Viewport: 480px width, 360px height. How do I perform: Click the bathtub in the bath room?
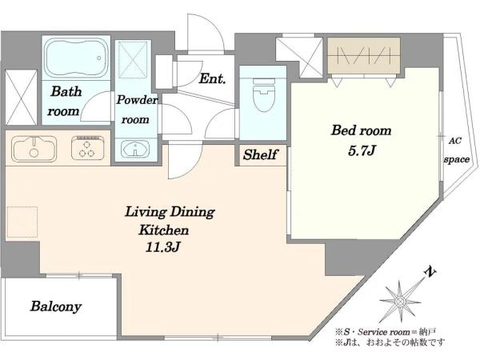[76, 58]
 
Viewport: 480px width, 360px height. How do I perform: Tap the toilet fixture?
[263, 94]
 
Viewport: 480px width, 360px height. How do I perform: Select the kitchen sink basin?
[34, 149]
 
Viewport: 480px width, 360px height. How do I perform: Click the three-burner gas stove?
[87, 148]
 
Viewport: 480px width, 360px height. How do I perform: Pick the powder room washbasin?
[135, 149]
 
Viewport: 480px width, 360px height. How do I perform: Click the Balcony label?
[56, 306]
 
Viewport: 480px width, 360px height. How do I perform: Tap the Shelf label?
[261, 154]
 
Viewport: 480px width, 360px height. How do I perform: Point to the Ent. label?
[212, 79]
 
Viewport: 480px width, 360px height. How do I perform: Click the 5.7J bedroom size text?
[362, 150]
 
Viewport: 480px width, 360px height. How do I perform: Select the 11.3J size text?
[162, 247]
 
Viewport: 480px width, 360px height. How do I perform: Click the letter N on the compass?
[430, 272]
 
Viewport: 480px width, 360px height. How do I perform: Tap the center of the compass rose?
[399, 302]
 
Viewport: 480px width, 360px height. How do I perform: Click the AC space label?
[457, 150]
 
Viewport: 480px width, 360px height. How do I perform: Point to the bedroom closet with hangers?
[364, 55]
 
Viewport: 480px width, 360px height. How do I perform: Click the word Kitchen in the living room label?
[164, 230]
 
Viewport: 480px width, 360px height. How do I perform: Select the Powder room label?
[136, 110]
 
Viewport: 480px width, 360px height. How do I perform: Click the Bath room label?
[65, 101]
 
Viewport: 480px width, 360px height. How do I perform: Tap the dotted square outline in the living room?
[22, 222]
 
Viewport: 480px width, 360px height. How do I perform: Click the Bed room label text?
[362, 130]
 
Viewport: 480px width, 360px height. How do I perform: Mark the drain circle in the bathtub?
[99, 58]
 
